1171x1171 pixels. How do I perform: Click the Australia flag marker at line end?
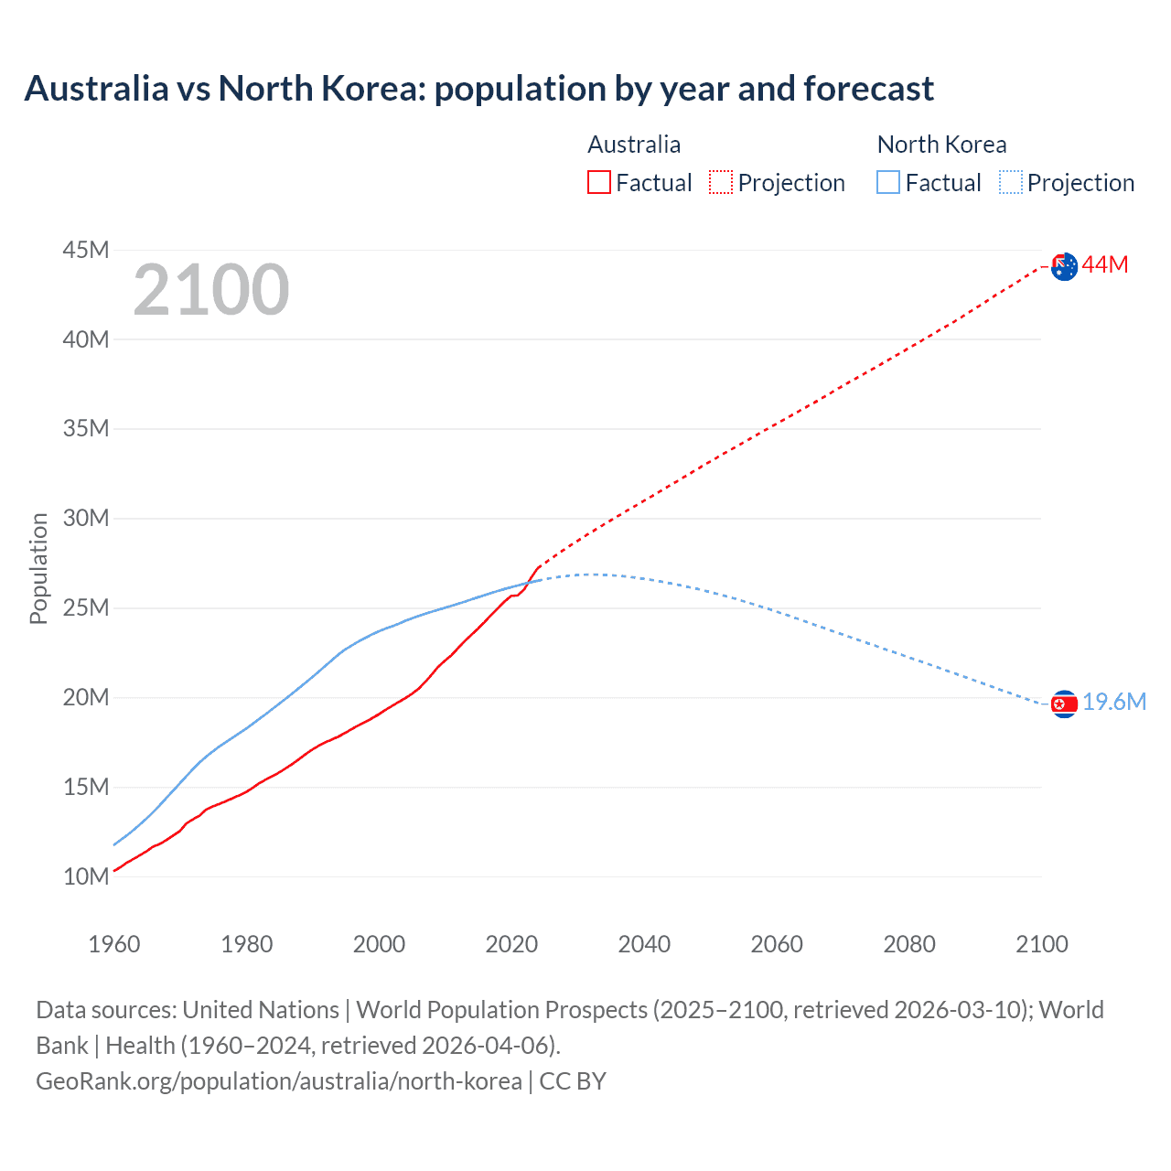pos(1064,266)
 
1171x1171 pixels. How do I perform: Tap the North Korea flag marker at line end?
pos(1064,704)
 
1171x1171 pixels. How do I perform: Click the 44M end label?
pos(1105,265)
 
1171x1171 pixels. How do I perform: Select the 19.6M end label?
pos(1114,703)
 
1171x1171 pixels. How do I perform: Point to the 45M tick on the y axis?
pos(86,250)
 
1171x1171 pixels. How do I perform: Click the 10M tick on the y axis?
pos(86,876)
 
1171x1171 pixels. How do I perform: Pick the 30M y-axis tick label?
pos(86,519)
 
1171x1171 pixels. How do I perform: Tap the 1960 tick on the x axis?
pos(114,944)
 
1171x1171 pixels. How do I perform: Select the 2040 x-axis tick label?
pos(644,944)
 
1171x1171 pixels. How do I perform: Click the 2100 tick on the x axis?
pos(1041,944)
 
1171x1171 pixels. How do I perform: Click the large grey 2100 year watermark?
pos(211,291)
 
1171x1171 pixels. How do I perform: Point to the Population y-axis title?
pos(38,568)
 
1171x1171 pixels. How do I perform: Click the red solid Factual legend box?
pos(598,182)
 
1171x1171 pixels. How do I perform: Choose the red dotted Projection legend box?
pos(721,182)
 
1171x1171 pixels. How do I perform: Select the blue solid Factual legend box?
pos(888,182)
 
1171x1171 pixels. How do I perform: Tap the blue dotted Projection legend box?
pos(1011,182)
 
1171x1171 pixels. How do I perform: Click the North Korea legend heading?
pos(941,145)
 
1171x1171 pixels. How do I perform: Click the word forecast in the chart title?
pos(868,89)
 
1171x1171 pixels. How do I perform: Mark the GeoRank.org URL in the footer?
pos(279,1081)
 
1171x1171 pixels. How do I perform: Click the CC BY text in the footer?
pos(573,1081)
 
